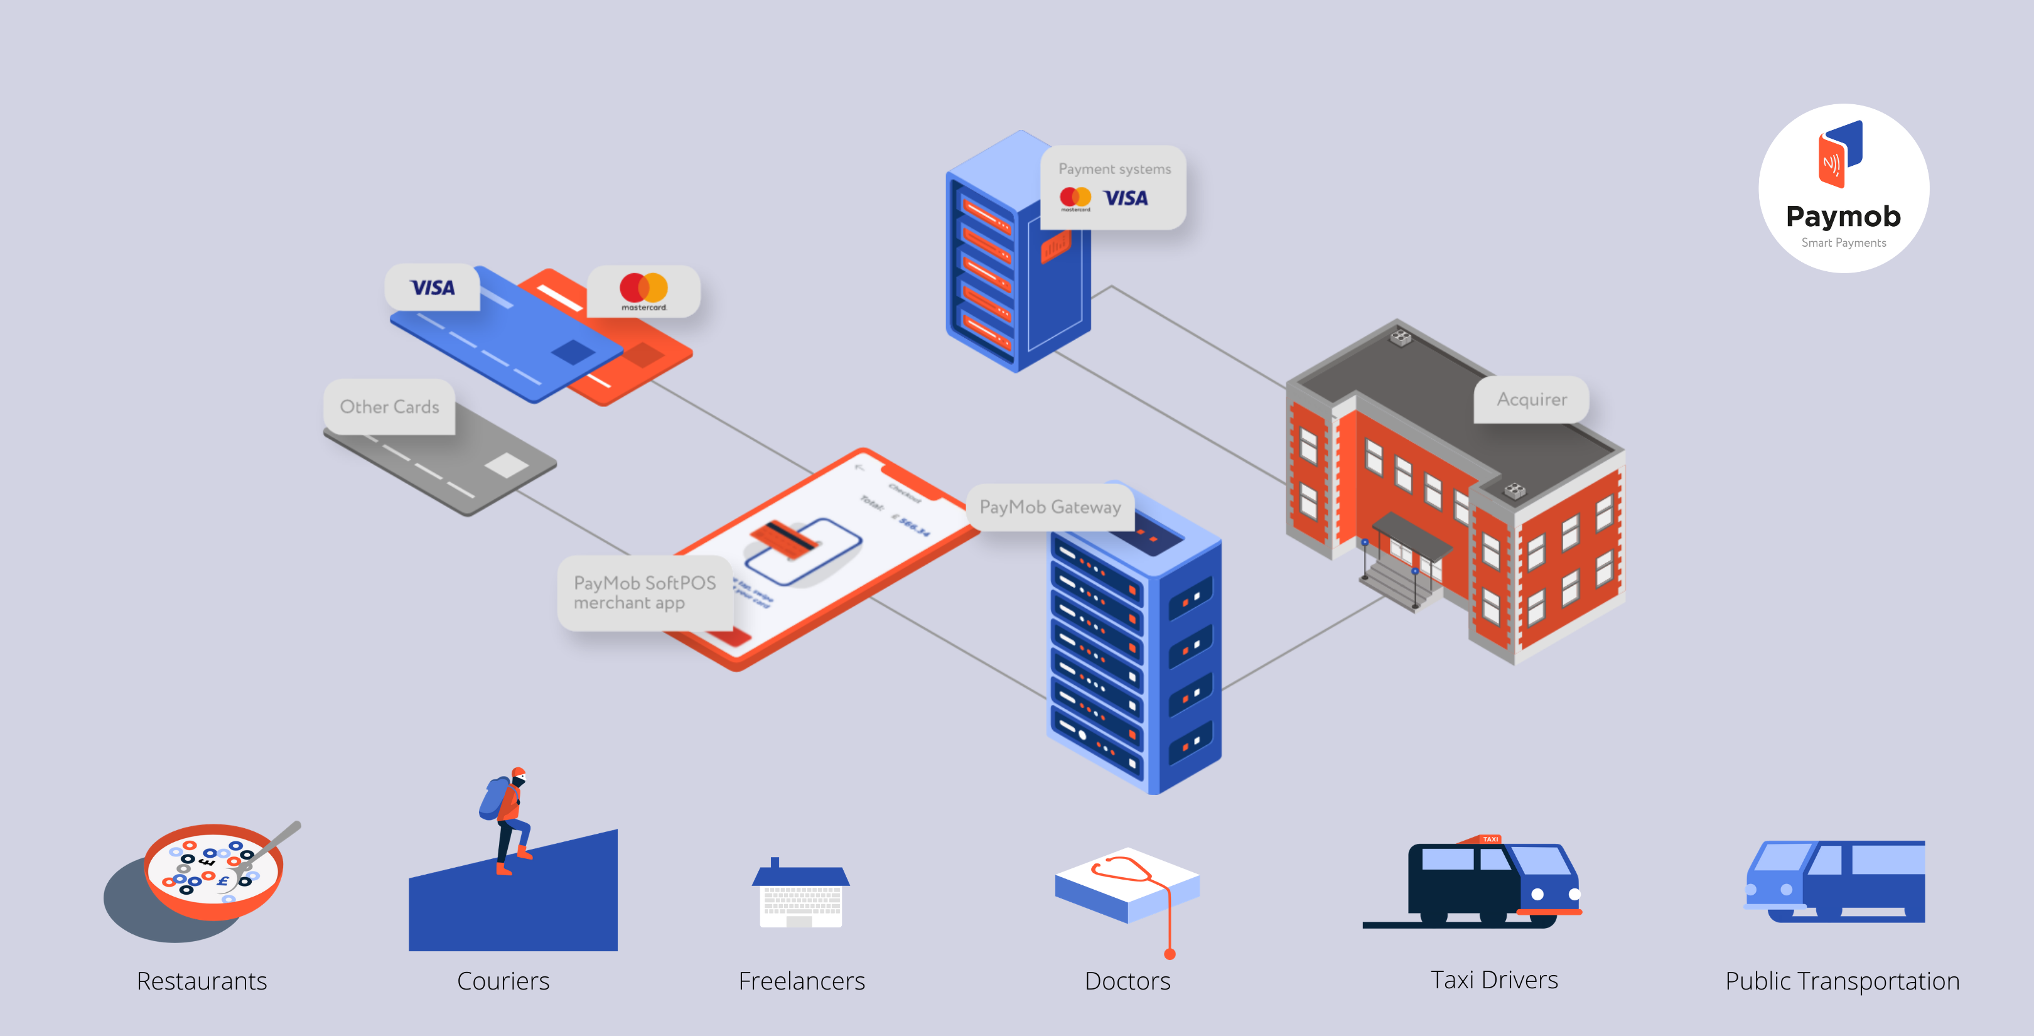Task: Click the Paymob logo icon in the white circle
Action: [1841, 154]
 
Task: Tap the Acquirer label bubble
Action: [1531, 399]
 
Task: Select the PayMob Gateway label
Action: [1050, 507]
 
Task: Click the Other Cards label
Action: [389, 407]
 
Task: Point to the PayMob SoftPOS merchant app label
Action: [644, 592]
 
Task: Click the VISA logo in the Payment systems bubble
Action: [1125, 198]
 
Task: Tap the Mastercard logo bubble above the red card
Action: [643, 291]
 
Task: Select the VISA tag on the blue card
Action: [433, 288]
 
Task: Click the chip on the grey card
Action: [505, 465]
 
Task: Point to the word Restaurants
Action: [202, 981]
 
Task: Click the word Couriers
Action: [503, 981]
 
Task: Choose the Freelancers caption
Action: [802, 981]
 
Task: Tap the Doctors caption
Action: [1127, 981]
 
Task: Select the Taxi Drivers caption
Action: [1494, 980]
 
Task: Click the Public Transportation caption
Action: [1842, 981]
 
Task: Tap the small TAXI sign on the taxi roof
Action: [1490, 839]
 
